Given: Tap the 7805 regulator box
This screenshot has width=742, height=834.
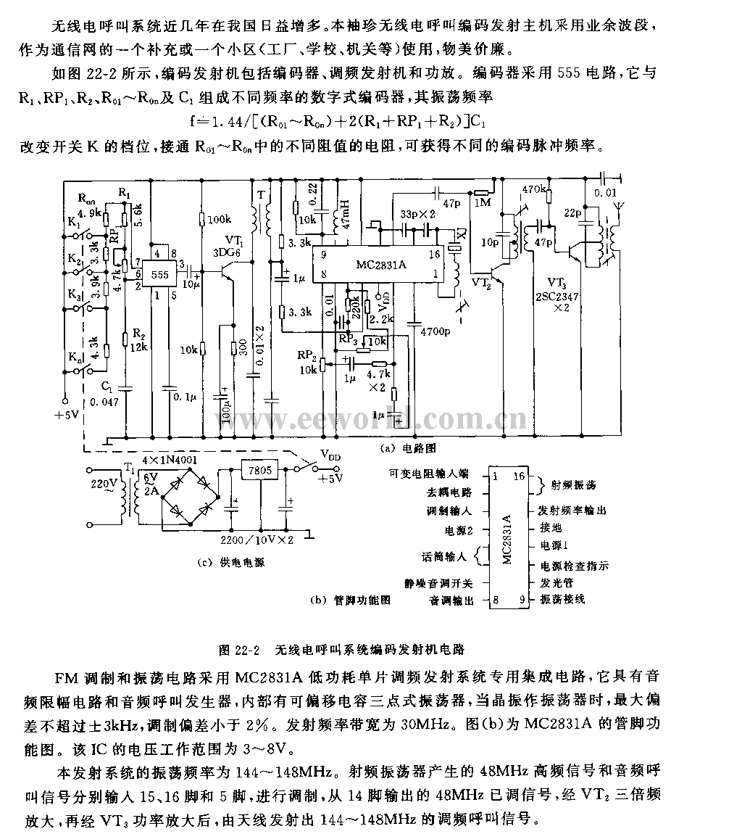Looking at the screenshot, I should [259, 470].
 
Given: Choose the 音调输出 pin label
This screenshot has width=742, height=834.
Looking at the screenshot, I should [451, 600].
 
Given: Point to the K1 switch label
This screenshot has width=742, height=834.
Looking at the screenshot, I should [73, 225].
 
